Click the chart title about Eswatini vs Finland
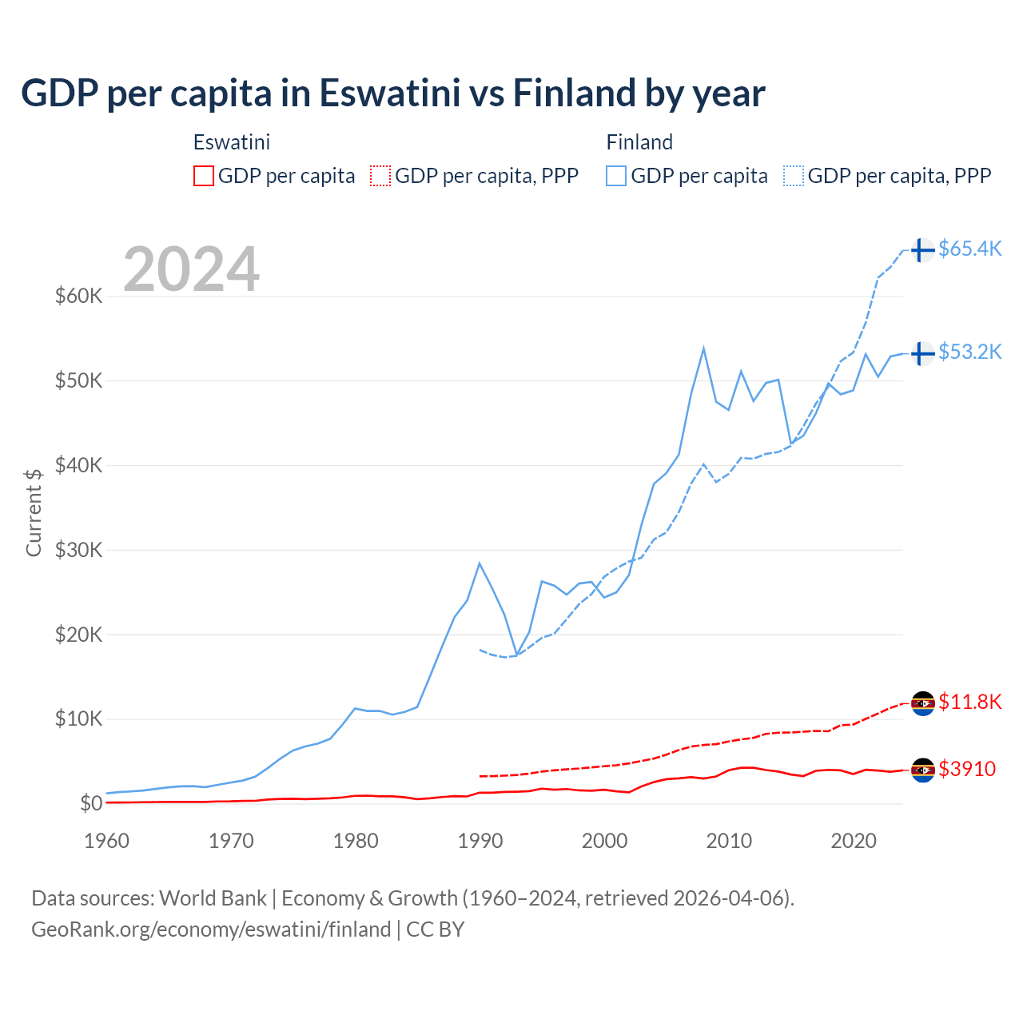(x=392, y=93)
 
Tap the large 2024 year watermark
(x=191, y=269)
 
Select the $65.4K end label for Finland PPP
(x=969, y=249)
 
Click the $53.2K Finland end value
(x=969, y=352)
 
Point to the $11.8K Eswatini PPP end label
(x=969, y=702)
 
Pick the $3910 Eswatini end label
(x=966, y=769)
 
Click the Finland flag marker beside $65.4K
(x=922, y=250)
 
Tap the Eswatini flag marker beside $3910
(x=922, y=770)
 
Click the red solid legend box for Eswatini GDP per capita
(x=204, y=176)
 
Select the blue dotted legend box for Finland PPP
(x=794, y=176)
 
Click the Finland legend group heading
(x=639, y=142)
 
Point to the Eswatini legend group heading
(x=232, y=142)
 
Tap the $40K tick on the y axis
(x=78, y=465)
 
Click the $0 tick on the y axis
(x=91, y=803)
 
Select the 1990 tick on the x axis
(x=480, y=841)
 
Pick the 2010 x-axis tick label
(x=729, y=841)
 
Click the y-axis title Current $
(x=34, y=512)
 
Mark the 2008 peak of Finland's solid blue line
(x=703, y=348)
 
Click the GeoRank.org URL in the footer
(x=211, y=929)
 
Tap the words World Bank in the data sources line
(x=213, y=898)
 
